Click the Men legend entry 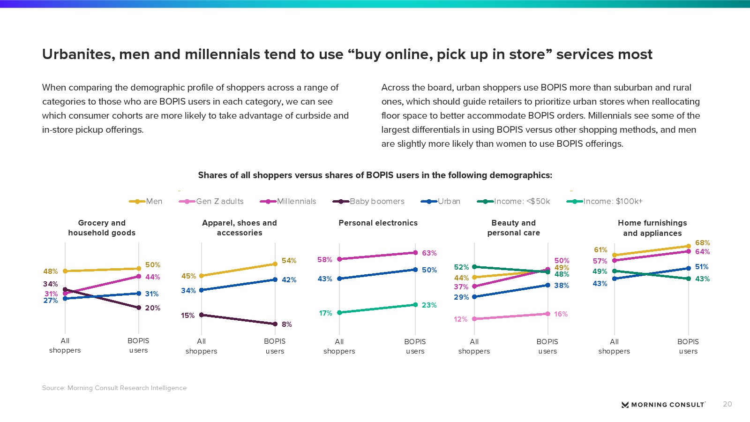[146, 201]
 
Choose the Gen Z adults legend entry [211, 201]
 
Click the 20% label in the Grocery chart [152, 308]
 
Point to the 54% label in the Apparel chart [289, 261]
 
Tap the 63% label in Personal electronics [429, 253]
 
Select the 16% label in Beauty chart [561, 314]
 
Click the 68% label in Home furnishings [702, 243]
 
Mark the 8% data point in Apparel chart [275, 324]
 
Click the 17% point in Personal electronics [339, 312]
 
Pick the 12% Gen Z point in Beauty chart [474, 319]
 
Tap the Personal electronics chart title [378, 223]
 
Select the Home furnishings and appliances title [652, 228]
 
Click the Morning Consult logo [663, 405]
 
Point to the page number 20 [727, 404]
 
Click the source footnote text [114, 388]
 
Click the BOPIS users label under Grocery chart [138, 346]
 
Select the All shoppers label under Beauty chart [474, 346]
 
